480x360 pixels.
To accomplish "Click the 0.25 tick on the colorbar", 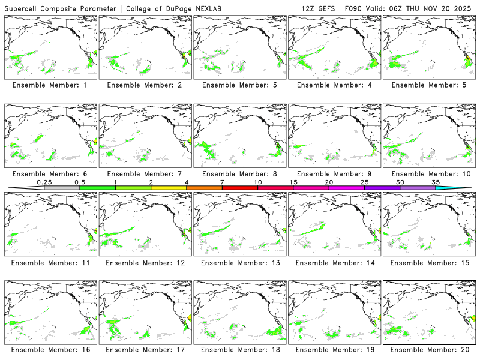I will (44, 182).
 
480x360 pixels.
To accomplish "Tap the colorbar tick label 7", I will (222, 182).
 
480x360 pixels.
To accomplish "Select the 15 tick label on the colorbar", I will (293, 182).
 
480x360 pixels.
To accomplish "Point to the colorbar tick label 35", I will (436, 182).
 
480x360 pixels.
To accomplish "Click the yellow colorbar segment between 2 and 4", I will (169, 188).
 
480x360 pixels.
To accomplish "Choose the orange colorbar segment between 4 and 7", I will (204, 188).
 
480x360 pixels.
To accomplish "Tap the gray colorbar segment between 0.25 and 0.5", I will (62, 188).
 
